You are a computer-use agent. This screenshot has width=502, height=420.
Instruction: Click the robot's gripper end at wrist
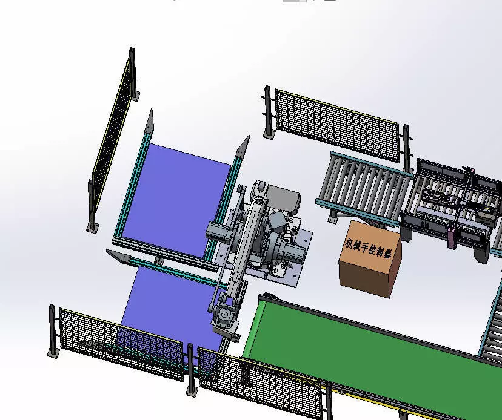(x=224, y=318)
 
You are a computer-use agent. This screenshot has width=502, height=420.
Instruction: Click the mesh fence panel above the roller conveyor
(x=336, y=124)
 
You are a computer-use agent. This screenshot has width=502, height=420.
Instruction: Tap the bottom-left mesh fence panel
(x=121, y=345)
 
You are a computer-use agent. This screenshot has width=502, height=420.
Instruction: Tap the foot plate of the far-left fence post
(x=92, y=228)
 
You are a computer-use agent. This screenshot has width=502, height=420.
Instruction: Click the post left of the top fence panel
(x=267, y=112)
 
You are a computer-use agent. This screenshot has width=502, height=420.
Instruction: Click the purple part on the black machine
(x=452, y=237)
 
